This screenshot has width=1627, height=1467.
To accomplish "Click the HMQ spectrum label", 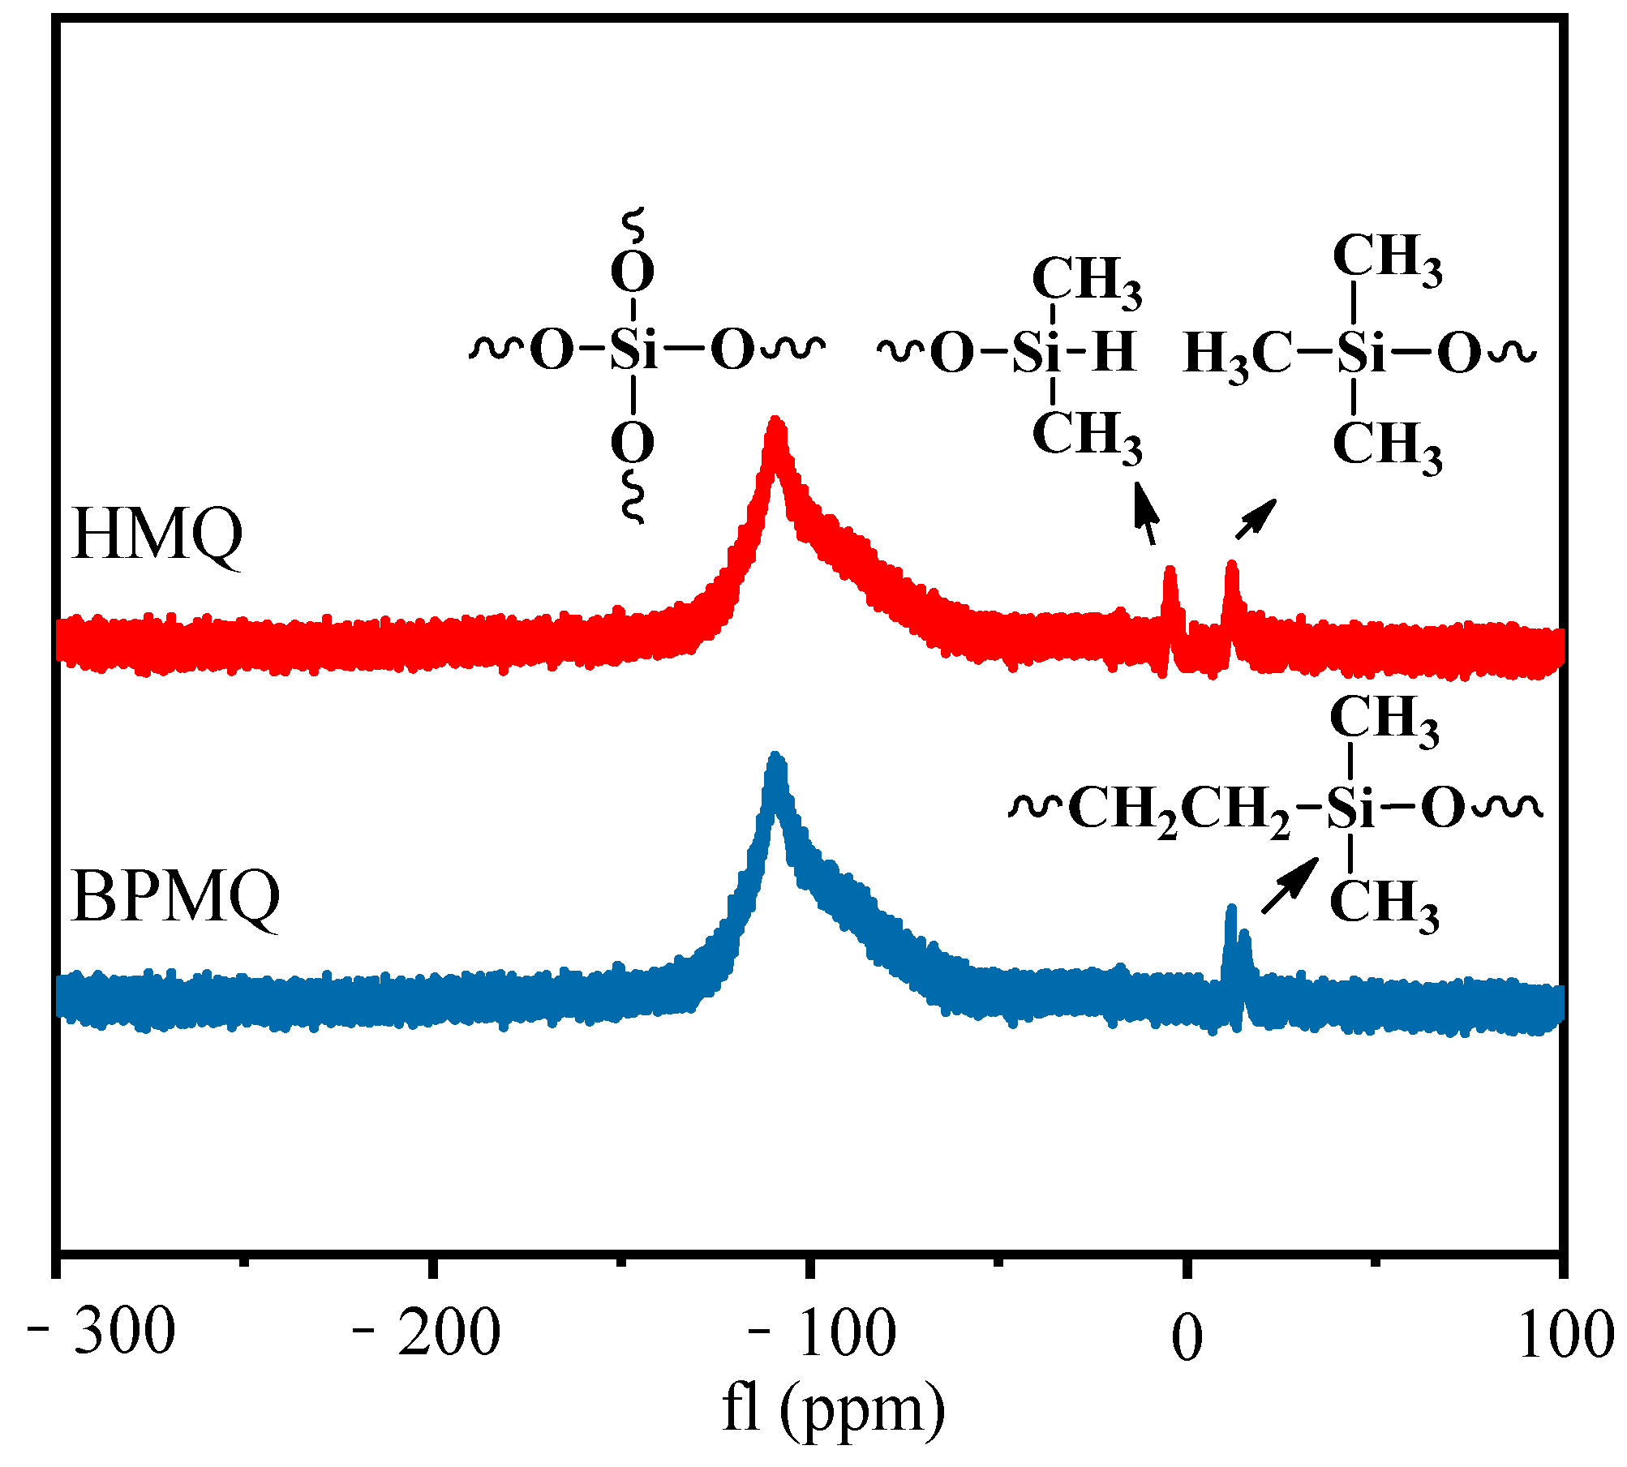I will [x=157, y=535].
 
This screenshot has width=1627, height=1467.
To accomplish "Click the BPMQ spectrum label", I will [x=175, y=898].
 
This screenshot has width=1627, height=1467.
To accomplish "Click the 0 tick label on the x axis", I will [x=1187, y=1339].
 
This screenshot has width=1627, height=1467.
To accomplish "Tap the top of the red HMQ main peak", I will [x=776, y=423].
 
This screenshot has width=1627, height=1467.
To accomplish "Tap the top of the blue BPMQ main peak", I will [x=776, y=759].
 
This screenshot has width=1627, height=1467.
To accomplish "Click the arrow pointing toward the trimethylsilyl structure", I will [x=1256, y=518].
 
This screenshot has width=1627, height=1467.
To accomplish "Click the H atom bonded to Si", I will [x=1114, y=352].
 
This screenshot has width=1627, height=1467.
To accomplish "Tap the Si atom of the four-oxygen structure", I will [x=633, y=351].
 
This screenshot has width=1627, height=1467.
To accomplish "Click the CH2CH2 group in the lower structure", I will [x=1179, y=809].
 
